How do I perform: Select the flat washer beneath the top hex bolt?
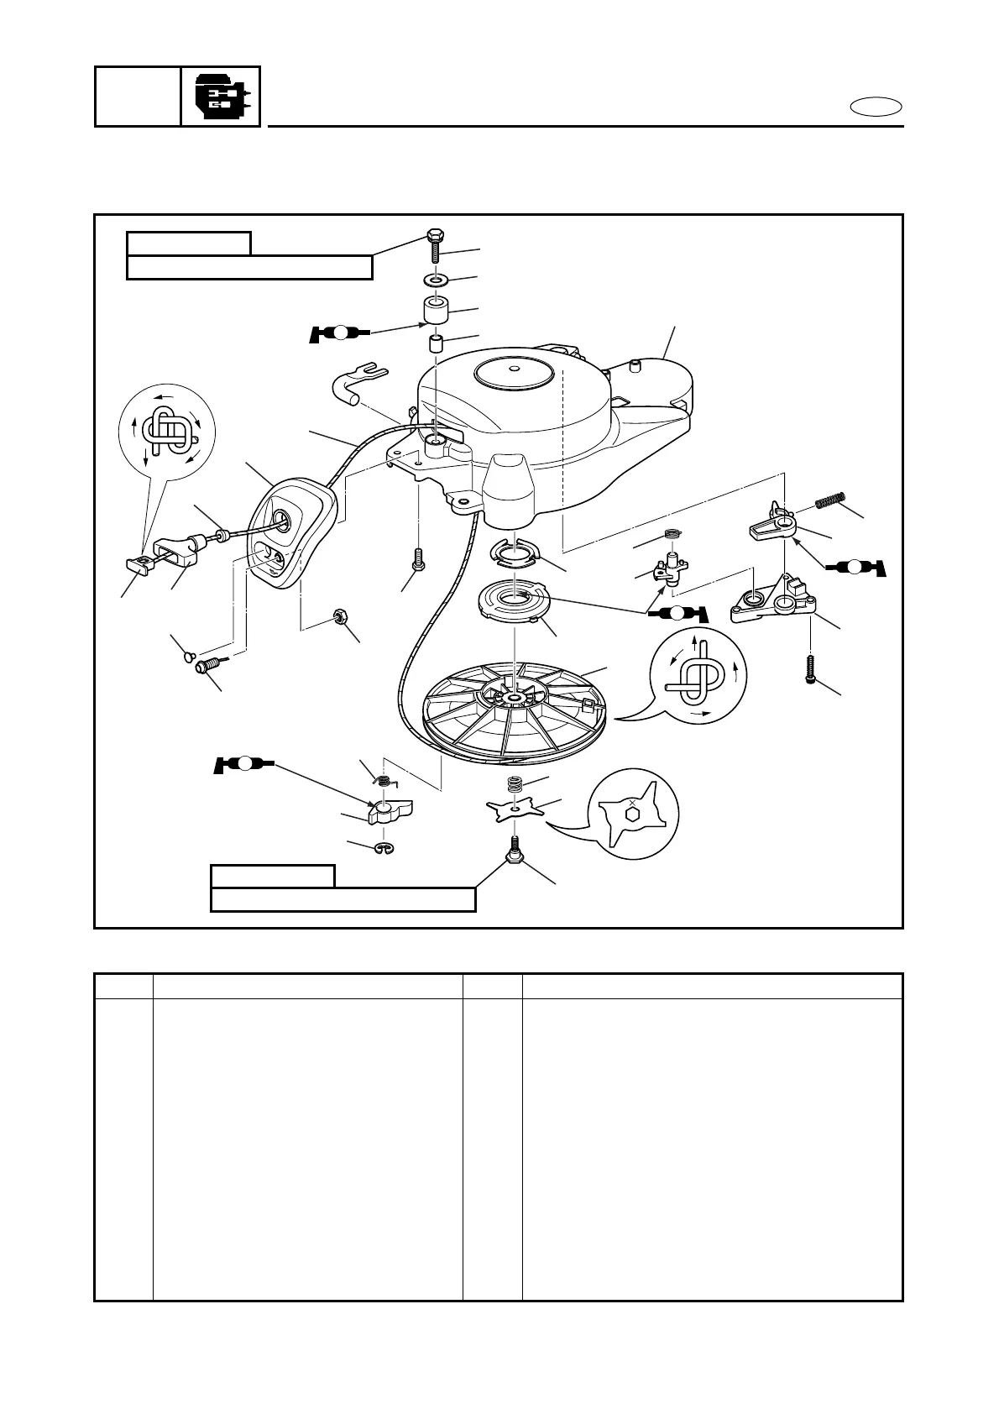tap(435, 279)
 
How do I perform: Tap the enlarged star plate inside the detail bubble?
tap(632, 812)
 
